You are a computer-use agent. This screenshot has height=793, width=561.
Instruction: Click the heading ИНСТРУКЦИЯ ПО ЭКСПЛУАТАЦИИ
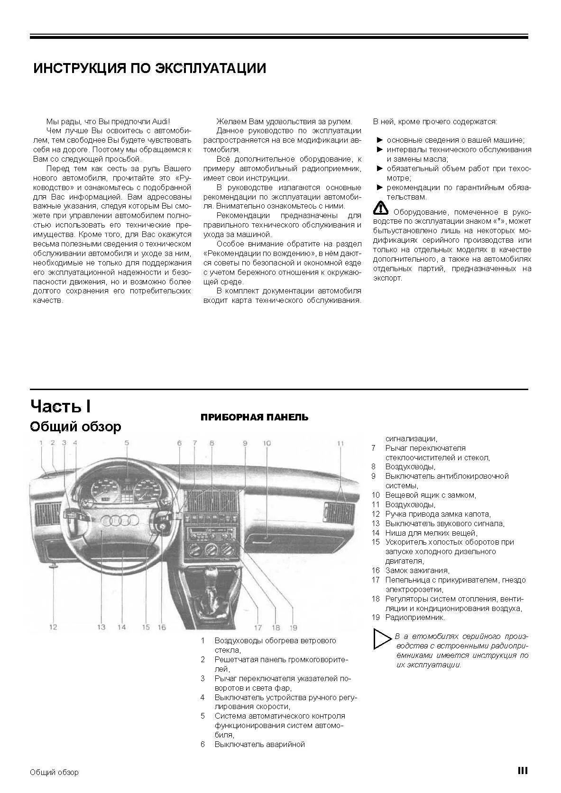coord(149,68)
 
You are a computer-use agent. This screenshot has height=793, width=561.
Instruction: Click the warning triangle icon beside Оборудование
coord(380,208)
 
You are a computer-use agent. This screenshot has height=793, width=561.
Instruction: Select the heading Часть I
coord(61,406)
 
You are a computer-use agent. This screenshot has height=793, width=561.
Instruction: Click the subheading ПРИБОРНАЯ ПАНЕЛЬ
coord(254,418)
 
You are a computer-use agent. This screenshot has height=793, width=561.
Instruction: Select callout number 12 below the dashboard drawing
coord(53,627)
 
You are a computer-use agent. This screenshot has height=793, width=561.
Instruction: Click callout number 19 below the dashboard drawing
coord(293,628)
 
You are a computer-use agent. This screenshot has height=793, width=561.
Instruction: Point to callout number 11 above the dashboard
coord(340,443)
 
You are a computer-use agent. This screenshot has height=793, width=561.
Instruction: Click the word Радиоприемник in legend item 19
coord(414,618)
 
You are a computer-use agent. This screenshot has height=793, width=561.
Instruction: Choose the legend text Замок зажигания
coord(417,571)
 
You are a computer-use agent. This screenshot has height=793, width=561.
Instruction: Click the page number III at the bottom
coord(523,771)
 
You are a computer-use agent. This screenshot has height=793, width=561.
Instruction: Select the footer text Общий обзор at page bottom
coord(54,772)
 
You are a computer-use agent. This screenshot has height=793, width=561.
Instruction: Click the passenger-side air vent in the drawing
coord(340,511)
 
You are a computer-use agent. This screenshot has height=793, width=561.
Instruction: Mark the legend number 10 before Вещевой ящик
coord(376,495)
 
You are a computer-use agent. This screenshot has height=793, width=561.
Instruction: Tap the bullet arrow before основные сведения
coord(379,140)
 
